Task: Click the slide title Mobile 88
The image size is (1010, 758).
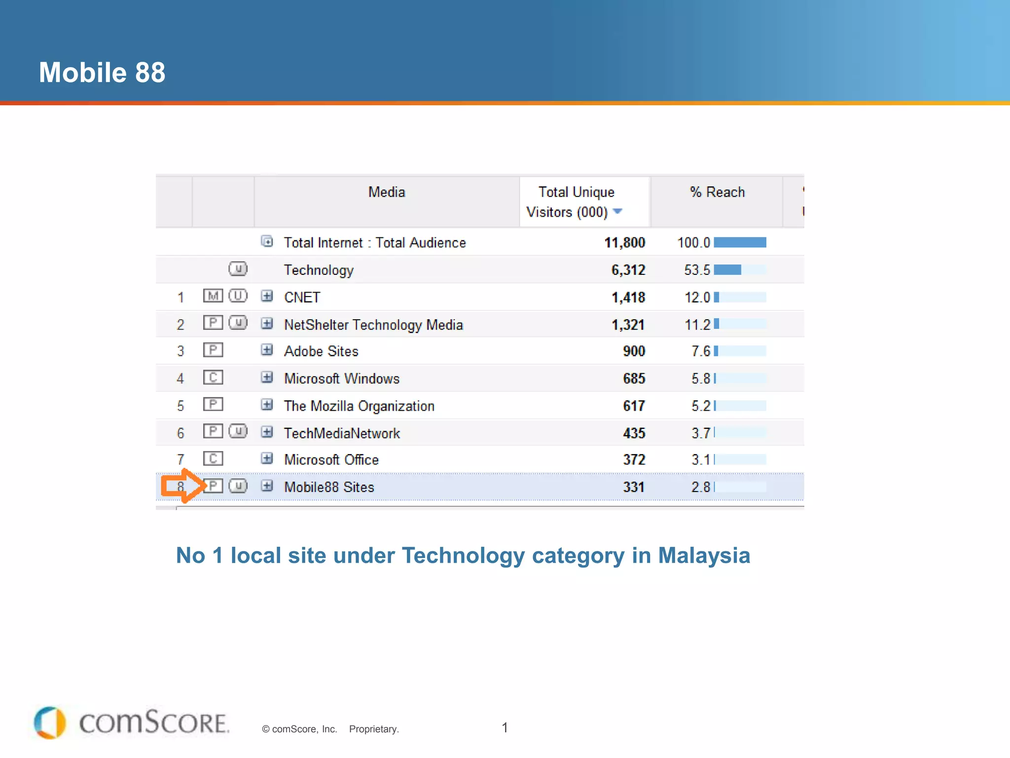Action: (102, 73)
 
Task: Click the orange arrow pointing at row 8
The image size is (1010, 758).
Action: (181, 486)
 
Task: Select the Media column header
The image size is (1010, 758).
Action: (387, 192)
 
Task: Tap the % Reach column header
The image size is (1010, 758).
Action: (717, 192)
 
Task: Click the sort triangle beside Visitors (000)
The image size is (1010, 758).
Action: (617, 211)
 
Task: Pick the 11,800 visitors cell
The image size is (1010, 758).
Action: (624, 242)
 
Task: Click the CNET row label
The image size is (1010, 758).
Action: (302, 297)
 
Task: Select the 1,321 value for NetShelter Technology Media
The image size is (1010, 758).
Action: (628, 325)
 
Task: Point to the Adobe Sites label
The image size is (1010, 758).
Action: (321, 351)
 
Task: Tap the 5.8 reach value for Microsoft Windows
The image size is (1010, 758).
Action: (700, 379)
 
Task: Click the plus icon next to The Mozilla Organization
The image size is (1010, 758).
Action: (267, 405)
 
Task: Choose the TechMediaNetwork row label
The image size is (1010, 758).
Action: (342, 433)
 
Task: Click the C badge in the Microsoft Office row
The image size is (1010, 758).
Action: (213, 459)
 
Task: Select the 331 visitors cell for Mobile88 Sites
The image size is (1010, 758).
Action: (634, 487)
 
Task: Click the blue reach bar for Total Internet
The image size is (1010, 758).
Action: (740, 242)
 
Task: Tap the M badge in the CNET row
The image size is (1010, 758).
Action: (213, 296)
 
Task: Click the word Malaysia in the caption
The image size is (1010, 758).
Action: (704, 556)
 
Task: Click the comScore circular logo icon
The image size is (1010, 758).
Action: (50, 722)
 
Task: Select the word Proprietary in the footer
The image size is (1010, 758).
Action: (373, 729)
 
